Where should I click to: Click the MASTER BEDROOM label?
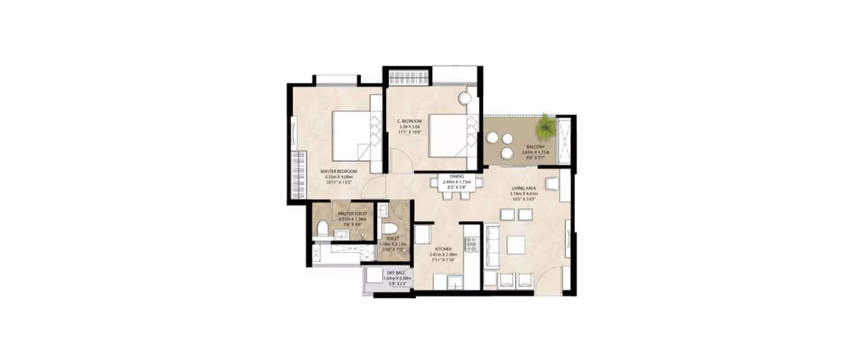339,171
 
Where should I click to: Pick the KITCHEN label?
443,248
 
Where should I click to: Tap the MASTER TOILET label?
353,214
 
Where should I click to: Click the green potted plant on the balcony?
544,127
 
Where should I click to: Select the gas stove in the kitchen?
472,244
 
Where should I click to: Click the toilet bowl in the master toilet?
323,229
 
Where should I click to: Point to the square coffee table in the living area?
517,244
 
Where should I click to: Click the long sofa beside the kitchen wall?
492,247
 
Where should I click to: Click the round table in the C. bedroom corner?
465,98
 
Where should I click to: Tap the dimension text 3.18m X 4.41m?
524,194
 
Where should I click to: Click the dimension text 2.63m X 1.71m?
536,153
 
